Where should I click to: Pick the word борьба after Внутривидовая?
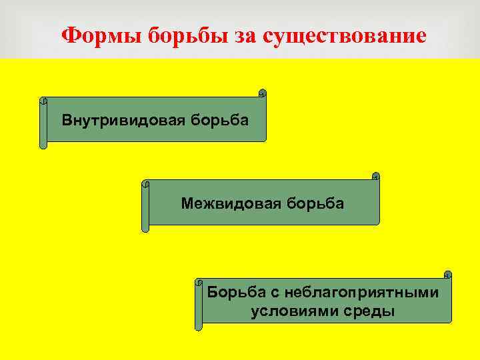pos(220,121)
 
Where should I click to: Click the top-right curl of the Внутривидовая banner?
pos(262,93)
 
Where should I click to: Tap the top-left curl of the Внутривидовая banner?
pos(43,101)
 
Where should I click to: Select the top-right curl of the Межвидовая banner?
pos(375,177)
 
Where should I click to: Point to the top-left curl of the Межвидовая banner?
pos(145,183)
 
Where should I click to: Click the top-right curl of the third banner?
pos(447,274)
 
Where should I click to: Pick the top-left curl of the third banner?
pos(199,283)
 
